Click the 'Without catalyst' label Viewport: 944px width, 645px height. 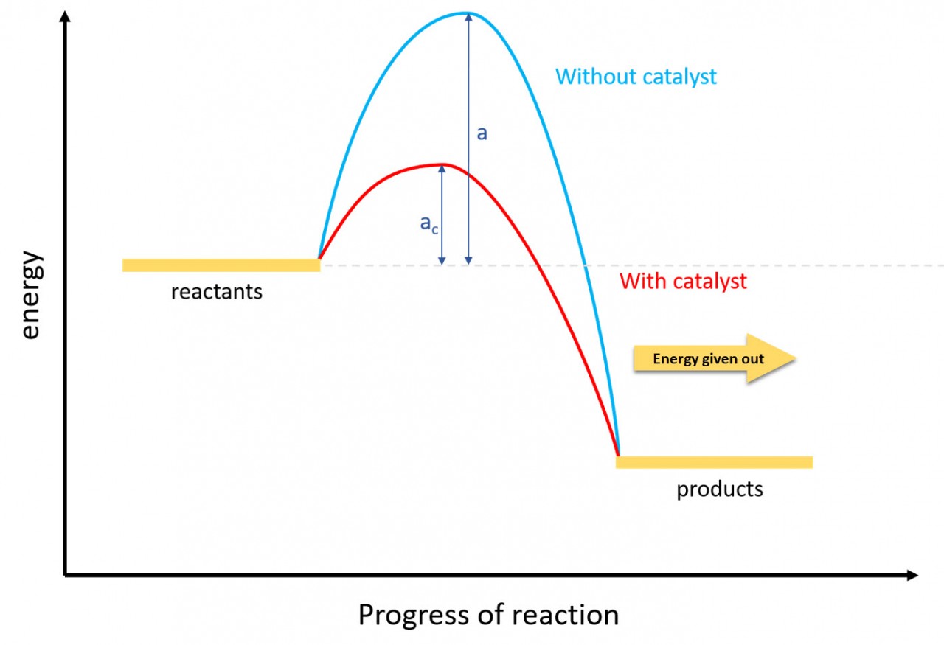[636, 77]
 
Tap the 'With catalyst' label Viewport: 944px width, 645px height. [683, 281]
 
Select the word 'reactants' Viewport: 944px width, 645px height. [216, 292]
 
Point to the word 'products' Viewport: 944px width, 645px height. [720, 489]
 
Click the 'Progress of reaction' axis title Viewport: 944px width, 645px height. [488, 614]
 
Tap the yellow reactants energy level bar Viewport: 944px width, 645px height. [221, 265]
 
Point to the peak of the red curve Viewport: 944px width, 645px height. [442, 164]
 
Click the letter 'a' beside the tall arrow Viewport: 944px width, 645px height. [482, 133]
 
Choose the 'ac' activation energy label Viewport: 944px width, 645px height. [428, 223]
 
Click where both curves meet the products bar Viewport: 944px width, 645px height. [618, 456]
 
